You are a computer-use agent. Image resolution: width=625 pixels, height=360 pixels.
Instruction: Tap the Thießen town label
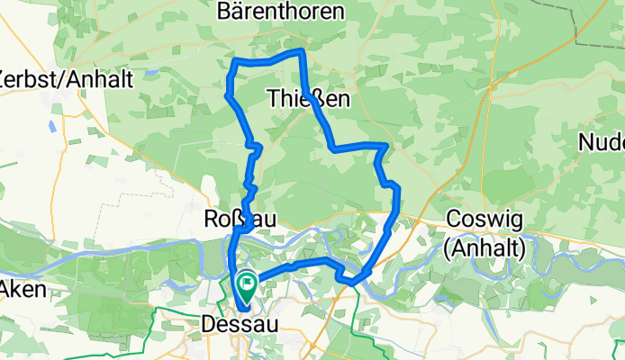coord(309,99)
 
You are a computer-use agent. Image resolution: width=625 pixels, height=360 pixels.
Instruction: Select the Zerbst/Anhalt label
coord(67,78)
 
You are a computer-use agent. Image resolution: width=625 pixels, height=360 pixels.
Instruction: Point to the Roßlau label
coord(240,219)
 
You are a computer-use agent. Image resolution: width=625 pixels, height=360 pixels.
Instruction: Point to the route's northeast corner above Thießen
coord(302,52)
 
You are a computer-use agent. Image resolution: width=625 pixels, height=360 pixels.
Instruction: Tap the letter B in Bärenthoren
coord(225,12)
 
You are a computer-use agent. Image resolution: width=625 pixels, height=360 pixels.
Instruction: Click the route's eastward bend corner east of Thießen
coord(386,145)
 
